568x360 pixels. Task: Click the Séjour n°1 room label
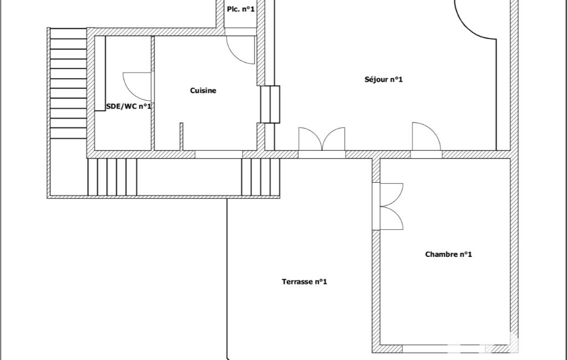click(x=383, y=80)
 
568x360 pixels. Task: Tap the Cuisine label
click(x=203, y=90)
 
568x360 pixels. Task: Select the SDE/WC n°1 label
click(x=129, y=106)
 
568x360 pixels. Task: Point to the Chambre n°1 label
click(x=448, y=254)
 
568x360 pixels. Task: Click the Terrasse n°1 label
click(x=304, y=281)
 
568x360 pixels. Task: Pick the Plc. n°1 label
click(x=240, y=9)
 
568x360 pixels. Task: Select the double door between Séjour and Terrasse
click(x=321, y=138)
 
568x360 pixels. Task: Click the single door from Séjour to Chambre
click(x=427, y=137)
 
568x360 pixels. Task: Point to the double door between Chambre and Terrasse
click(x=392, y=207)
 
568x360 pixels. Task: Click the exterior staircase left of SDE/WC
click(x=68, y=83)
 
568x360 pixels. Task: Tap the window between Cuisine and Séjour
click(x=270, y=104)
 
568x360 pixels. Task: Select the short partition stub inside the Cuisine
click(x=181, y=137)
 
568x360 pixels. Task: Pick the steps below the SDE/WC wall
click(x=112, y=177)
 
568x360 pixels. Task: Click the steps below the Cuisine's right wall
click(x=261, y=177)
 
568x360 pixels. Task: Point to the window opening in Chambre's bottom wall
click(x=444, y=349)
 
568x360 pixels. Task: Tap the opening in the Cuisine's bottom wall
click(x=219, y=155)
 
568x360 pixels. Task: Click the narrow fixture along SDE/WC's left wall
click(x=100, y=73)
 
